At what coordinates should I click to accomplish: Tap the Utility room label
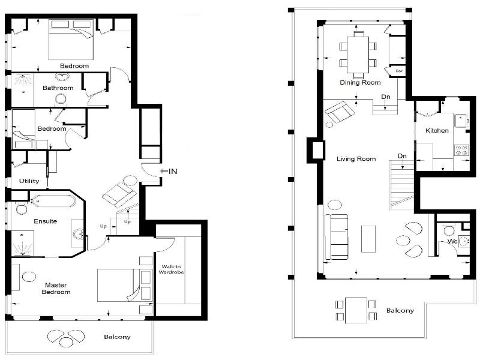29,181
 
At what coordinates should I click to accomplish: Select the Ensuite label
46,221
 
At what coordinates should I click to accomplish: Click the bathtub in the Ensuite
54,201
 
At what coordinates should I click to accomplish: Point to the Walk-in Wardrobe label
171,269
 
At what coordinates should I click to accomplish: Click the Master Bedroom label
56,289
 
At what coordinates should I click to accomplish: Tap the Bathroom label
58,88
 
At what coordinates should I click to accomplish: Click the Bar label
399,71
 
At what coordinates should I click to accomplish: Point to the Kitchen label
437,130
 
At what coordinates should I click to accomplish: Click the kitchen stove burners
461,150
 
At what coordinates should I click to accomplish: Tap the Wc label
452,241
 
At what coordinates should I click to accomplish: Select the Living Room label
356,158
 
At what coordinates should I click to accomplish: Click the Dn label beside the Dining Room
386,97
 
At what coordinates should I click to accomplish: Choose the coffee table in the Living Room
368,239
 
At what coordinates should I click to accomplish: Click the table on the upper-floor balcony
356,310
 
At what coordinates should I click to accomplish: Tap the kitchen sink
461,121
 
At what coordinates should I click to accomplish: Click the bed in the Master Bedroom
125,286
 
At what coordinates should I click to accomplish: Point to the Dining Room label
361,82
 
